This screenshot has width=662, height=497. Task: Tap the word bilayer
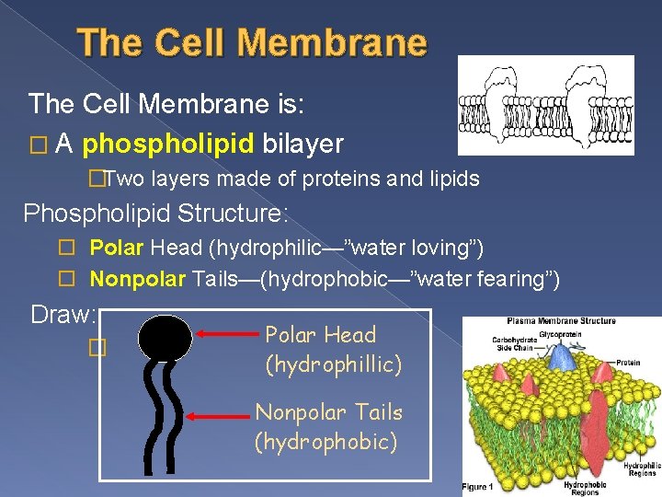pos(302,144)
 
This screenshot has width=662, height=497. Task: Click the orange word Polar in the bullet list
pos(117,248)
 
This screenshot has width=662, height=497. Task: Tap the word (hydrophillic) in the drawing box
pos(333,365)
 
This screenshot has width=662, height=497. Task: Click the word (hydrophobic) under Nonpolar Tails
pos(325,443)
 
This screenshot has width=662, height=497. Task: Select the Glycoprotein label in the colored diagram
pos(558,335)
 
